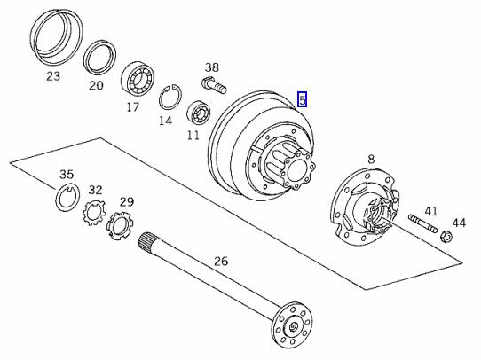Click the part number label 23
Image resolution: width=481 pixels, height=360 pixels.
click(x=53, y=76)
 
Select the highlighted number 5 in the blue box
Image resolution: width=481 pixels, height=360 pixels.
click(x=303, y=99)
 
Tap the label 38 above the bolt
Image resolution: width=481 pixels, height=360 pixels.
click(x=212, y=67)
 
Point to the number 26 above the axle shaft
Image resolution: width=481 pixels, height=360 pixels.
click(x=221, y=262)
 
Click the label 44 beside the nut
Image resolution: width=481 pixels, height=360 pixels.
click(x=459, y=223)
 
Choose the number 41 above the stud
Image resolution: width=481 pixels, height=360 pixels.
click(x=430, y=211)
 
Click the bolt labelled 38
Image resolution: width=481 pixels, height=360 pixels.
click(x=215, y=85)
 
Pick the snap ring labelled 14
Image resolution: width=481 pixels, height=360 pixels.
click(x=170, y=96)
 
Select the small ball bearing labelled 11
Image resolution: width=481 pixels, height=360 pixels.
click(x=199, y=113)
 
